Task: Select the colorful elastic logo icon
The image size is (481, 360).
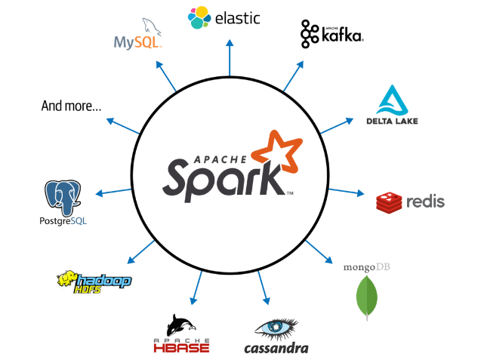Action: tap(199, 17)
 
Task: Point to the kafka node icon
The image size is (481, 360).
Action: tap(310, 33)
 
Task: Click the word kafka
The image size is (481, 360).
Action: tap(341, 35)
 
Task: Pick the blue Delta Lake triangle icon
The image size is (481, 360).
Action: tap(392, 100)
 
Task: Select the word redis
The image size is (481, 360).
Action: tap(424, 202)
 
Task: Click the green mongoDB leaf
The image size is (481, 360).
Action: tap(367, 297)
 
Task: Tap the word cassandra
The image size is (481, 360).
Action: tap(276, 348)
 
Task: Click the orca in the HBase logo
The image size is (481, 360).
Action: tap(182, 325)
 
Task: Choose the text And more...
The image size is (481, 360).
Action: tap(71, 106)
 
